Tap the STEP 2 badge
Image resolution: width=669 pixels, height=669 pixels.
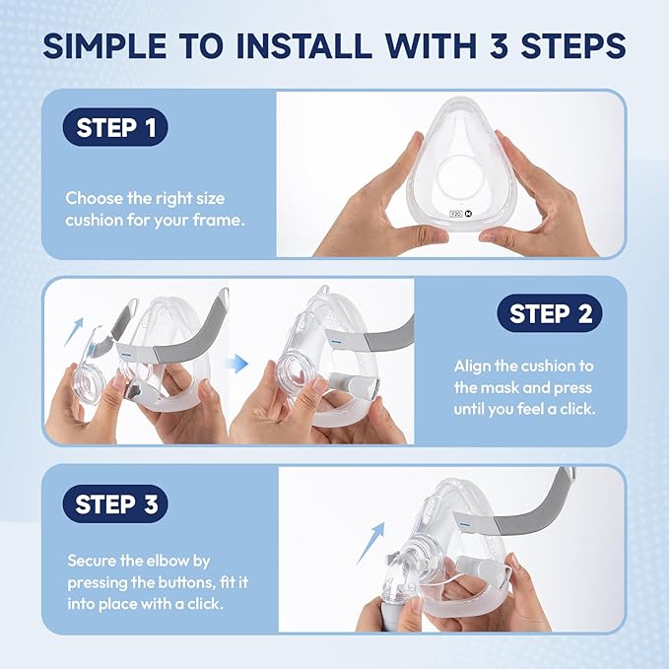tap(550, 313)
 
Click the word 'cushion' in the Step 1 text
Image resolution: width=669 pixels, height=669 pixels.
tap(99, 220)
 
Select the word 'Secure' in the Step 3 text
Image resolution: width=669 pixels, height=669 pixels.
tap(91, 560)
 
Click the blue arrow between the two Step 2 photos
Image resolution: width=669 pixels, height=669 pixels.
tap(235, 364)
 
